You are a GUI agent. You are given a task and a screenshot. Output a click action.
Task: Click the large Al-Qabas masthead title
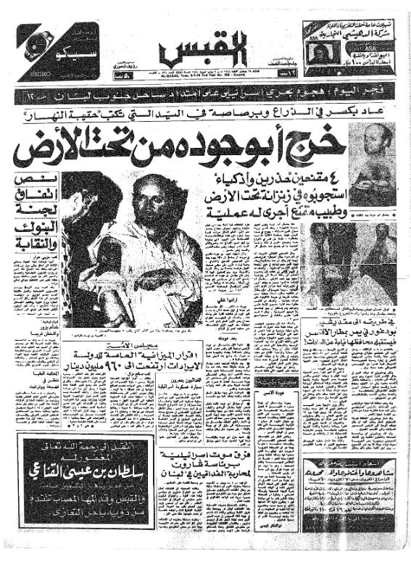point(205,51)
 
